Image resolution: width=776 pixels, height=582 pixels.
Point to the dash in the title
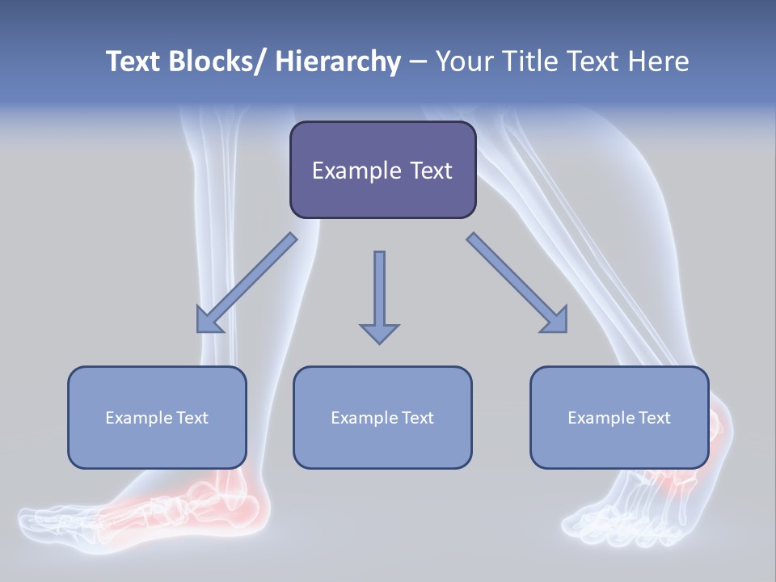point(418,63)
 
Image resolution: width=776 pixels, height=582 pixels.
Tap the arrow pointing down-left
point(247,283)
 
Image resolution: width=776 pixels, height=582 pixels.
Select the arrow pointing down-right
point(517,283)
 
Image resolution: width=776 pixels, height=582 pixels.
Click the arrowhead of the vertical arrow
point(379,333)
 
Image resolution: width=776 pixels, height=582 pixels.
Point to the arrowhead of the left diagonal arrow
point(207,322)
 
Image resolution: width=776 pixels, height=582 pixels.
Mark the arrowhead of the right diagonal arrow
point(556,322)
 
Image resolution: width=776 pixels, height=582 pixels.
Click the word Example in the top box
point(356,171)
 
